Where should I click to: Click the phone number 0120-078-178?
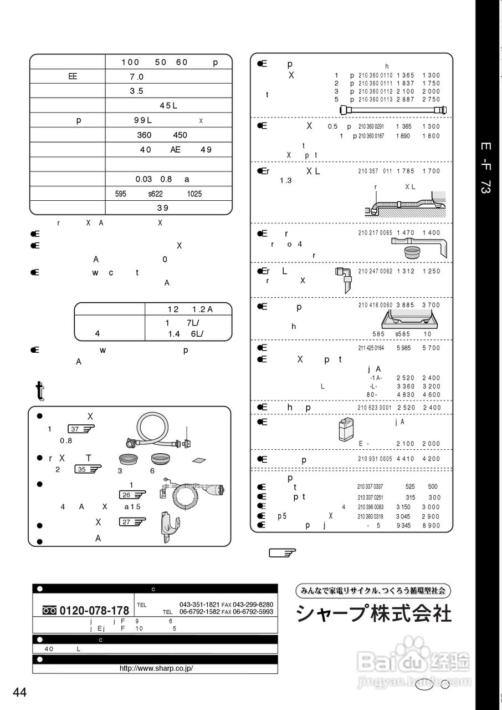point(94,610)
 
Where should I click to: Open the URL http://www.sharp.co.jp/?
point(156,668)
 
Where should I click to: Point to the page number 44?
point(20,692)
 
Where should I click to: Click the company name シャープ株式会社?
point(374,613)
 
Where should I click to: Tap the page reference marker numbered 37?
point(81,429)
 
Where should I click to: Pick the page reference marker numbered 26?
point(132,494)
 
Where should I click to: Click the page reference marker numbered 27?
point(131,521)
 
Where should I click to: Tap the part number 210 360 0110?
point(375,75)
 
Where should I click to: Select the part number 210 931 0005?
point(375,459)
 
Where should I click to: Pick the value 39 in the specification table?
point(162,208)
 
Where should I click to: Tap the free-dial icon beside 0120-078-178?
point(49,610)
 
